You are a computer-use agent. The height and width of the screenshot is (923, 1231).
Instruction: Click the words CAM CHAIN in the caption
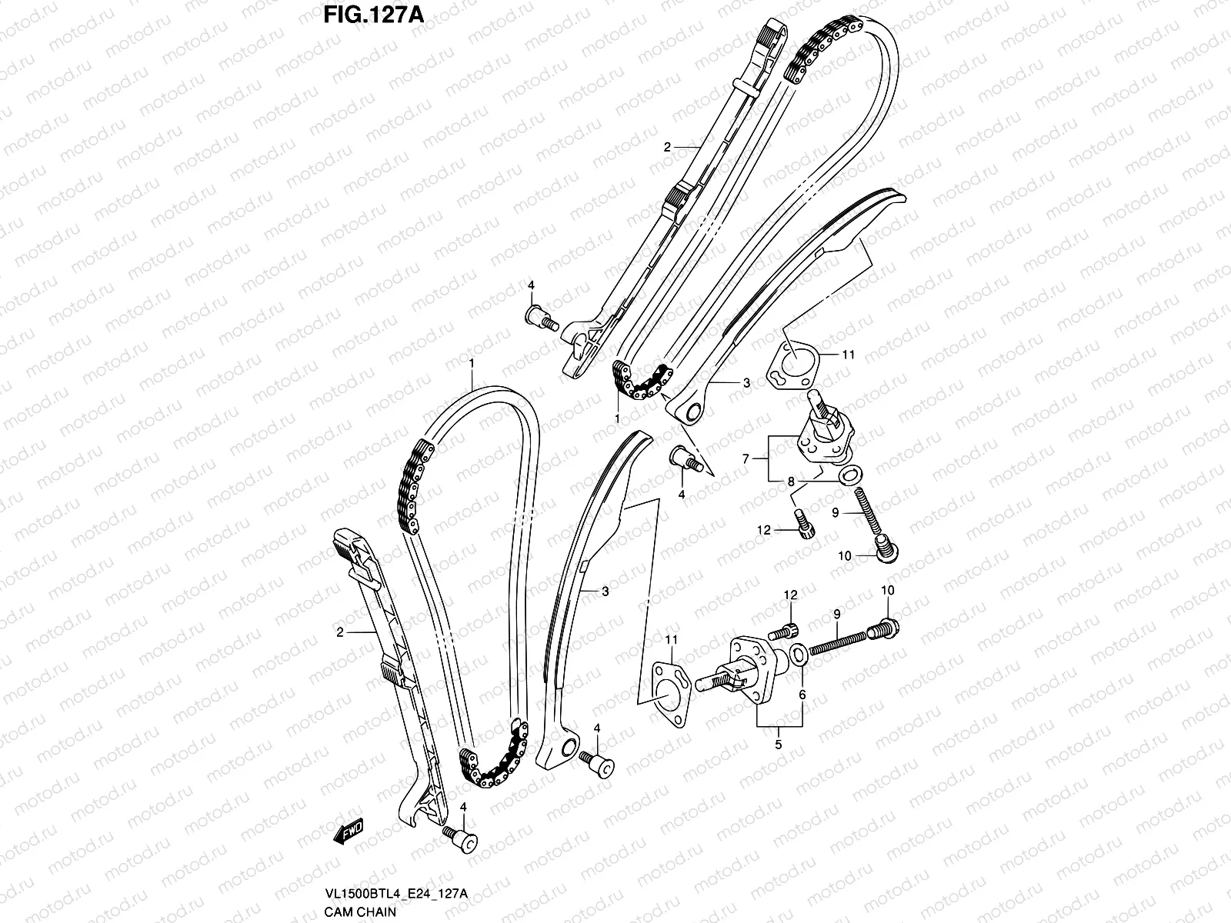click(x=360, y=912)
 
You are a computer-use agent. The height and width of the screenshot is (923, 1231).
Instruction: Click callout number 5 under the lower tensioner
click(x=779, y=745)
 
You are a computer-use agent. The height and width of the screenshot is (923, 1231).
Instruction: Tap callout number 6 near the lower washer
click(x=802, y=695)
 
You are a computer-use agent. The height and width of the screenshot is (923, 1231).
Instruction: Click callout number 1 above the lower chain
click(x=472, y=362)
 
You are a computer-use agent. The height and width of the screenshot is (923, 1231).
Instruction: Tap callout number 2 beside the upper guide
click(x=668, y=146)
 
